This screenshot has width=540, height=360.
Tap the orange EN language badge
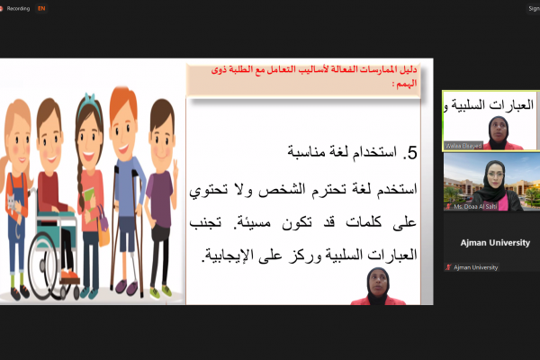(42, 8)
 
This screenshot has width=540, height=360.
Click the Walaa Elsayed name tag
(464, 145)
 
